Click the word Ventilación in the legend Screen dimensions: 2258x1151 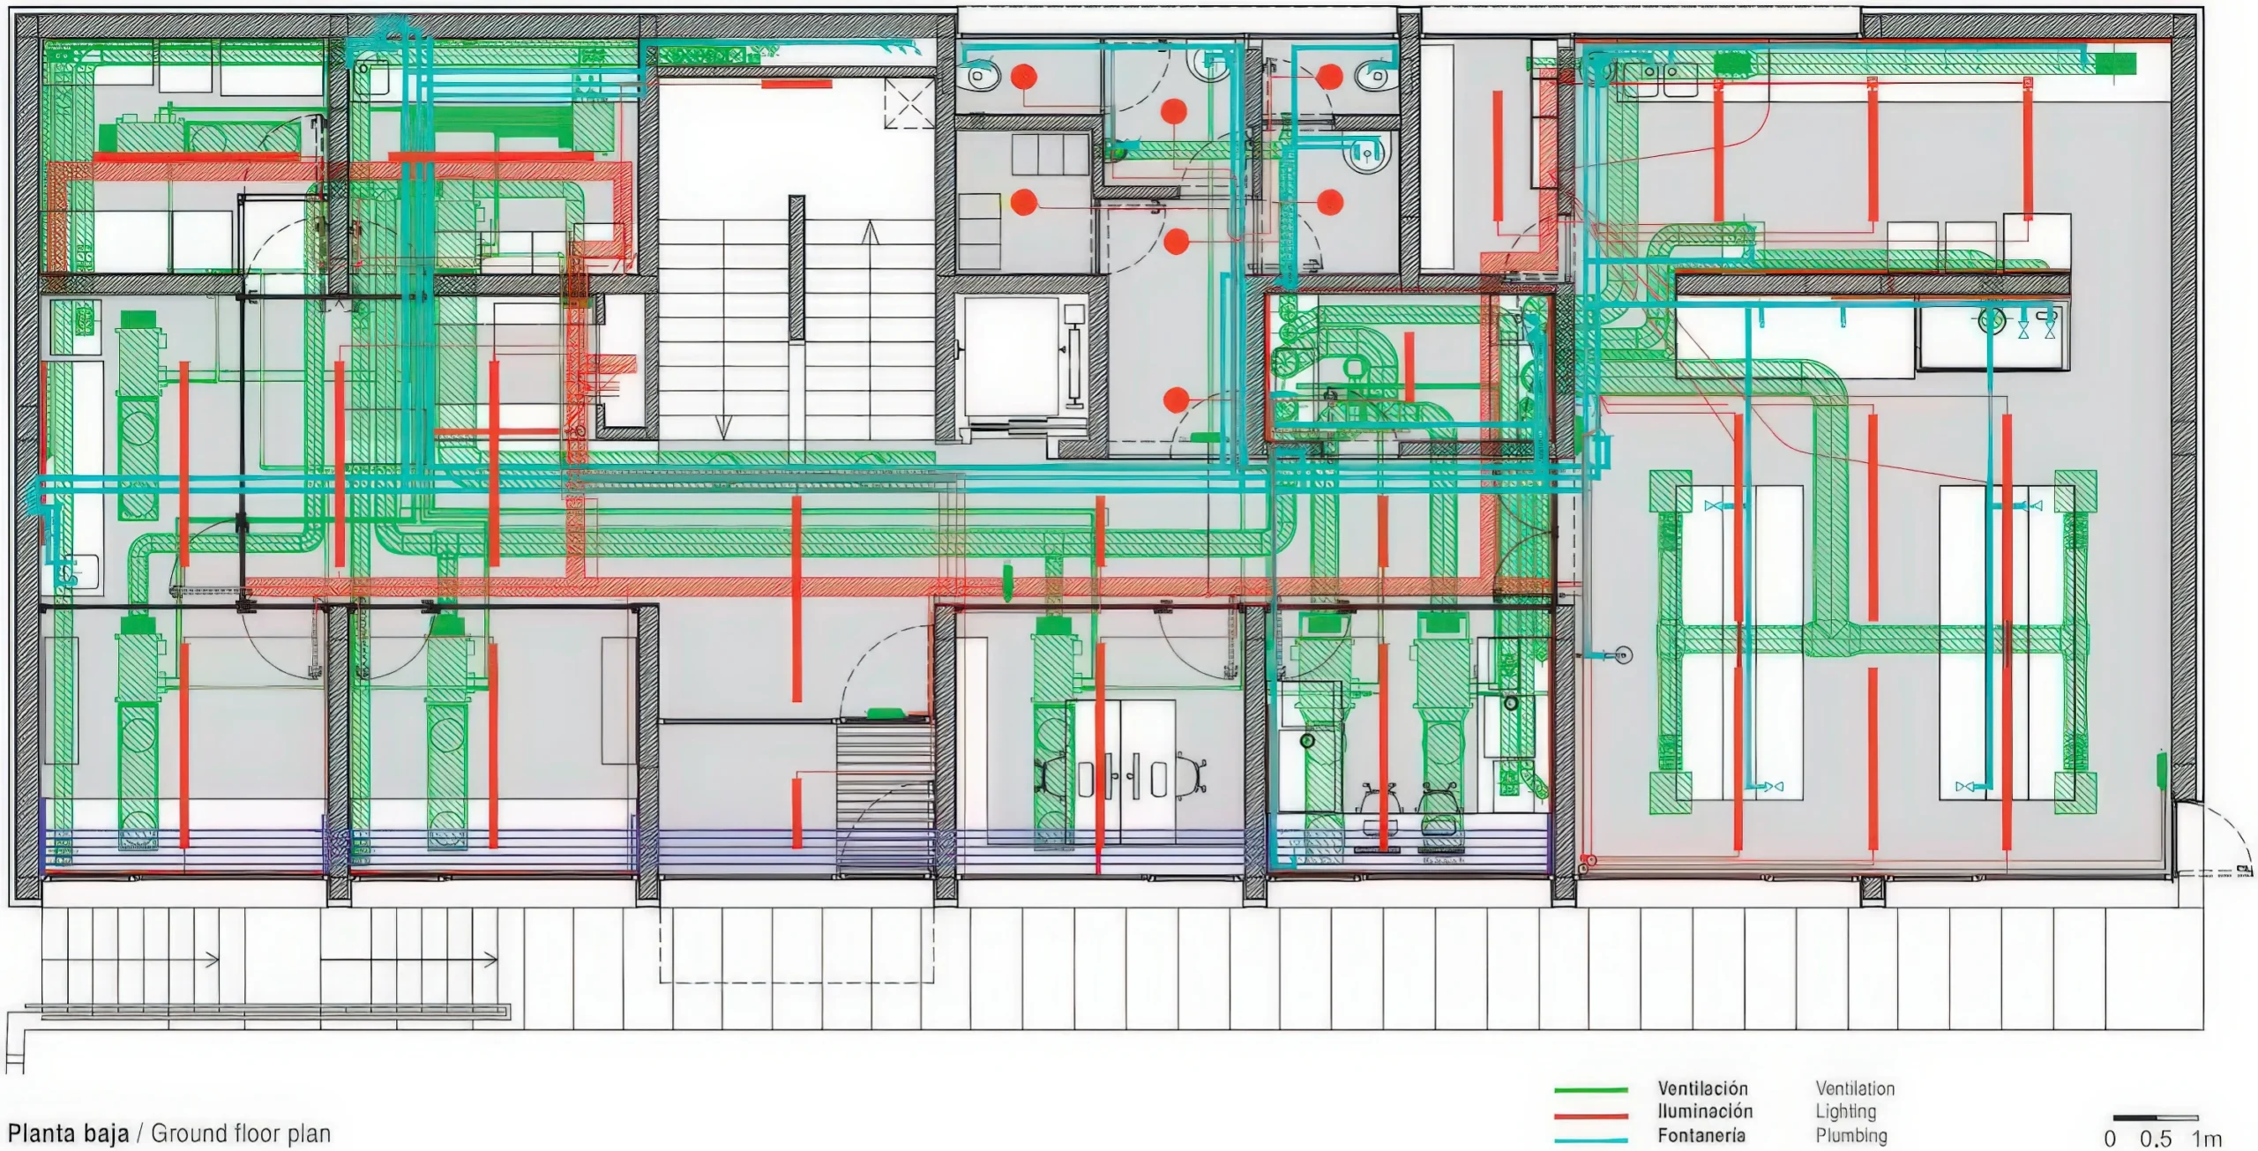1702,1088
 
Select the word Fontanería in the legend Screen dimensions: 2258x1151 1701,1135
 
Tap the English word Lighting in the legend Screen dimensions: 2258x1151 1845,1112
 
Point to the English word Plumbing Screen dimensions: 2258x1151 1851,1136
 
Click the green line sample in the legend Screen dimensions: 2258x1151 1591,1091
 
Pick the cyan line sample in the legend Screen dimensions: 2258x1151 1591,1140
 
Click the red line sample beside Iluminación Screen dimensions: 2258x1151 1591,1116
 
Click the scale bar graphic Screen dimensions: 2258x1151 2156,1117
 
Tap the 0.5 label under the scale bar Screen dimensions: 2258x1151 2156,1139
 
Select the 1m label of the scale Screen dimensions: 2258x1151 2207,1139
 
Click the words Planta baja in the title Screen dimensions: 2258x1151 68,1133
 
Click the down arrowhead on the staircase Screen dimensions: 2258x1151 723,428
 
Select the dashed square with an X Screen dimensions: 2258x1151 909,103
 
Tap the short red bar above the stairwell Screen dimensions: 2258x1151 796,84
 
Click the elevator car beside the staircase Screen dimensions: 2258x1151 1011,357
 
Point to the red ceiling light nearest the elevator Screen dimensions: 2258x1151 1176,400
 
